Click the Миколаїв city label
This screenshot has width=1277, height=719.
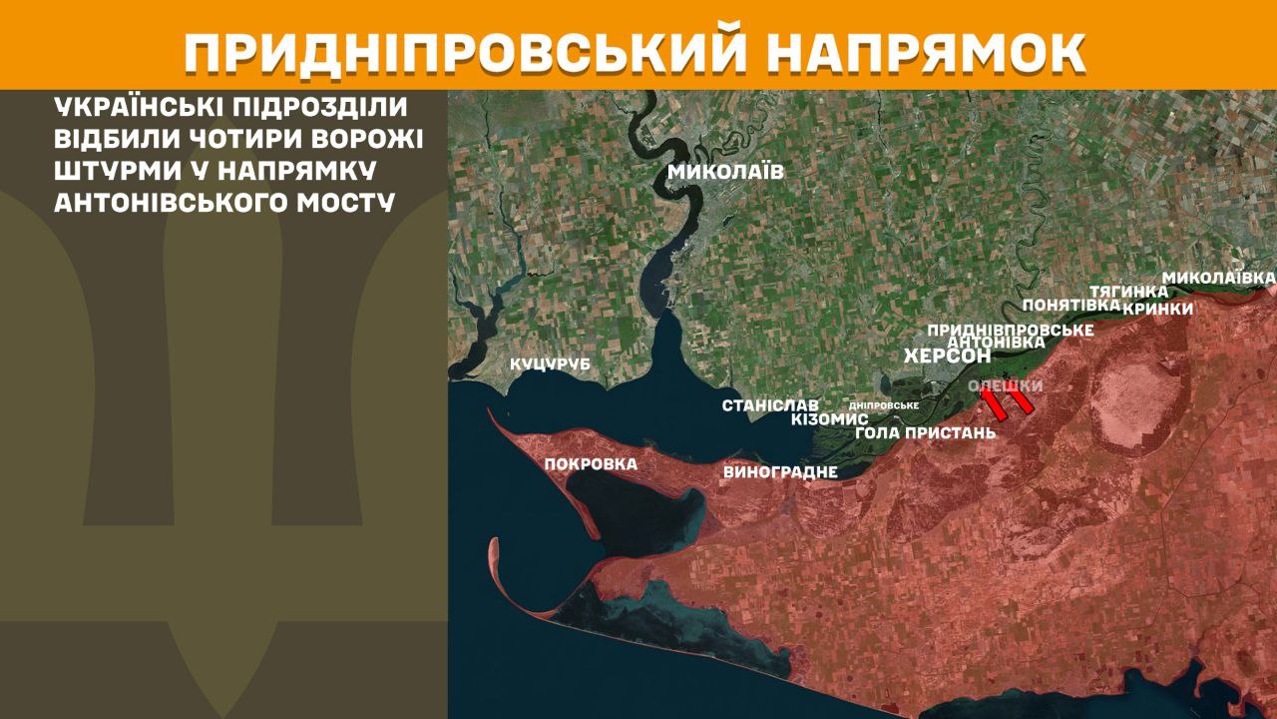tap(725, 172)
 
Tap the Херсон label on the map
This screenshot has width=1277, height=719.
tap(947, 356)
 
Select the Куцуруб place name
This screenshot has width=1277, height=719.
tap(550, 364)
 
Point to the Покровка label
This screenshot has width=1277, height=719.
tap(591, 463)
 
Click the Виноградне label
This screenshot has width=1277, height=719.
tap(779, 472)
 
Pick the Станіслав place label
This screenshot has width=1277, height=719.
tap(770, 405)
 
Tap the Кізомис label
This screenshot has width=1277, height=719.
tap(829, 419)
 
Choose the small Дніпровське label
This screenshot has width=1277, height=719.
tap(883, 405)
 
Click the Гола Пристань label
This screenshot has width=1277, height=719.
tap(926, 432)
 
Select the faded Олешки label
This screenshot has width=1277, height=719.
tap(1006, 385)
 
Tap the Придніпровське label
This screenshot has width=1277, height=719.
tap(1011, 329)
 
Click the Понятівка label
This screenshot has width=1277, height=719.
tap(1064, 305)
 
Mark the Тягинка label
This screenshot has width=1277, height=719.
tap(1128, 291)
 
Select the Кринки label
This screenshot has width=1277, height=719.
tap(1157, 309)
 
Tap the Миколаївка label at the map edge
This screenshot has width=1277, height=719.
tap(1219, 276)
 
